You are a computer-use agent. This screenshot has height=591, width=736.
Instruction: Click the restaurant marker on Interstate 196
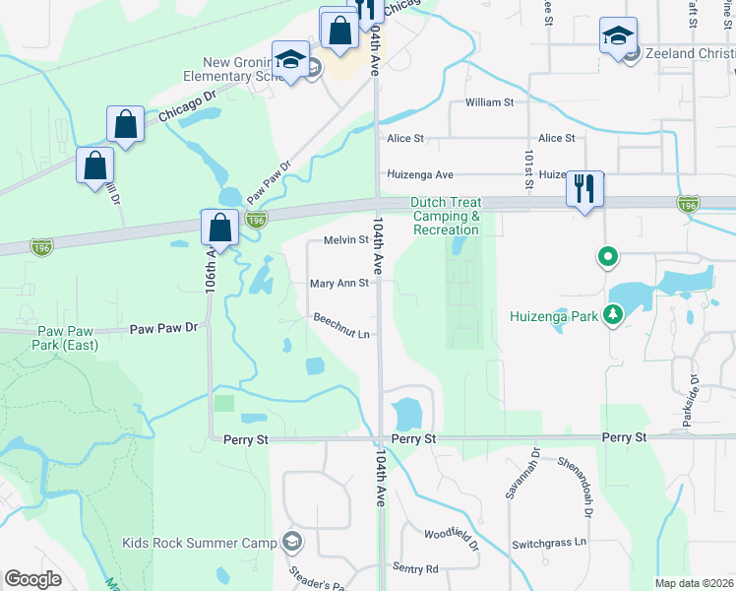(585, 189)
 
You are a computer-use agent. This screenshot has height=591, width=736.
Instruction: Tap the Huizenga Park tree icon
(614, 315)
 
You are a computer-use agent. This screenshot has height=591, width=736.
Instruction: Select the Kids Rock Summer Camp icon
(292, 541)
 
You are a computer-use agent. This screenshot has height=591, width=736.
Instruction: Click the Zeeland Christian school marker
(617, 39)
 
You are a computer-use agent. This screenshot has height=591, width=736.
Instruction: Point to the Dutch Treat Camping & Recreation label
(447, 216)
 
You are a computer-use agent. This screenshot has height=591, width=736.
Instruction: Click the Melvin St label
(345, 239)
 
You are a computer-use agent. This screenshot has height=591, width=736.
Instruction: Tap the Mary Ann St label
(338, 283)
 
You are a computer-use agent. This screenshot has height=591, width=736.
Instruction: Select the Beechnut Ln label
(341, 325)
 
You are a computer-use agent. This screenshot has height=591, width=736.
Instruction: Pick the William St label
(490, 101)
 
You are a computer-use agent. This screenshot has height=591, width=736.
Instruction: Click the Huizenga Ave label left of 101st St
(420, 174)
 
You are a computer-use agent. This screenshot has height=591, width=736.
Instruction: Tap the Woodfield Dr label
(451, 538)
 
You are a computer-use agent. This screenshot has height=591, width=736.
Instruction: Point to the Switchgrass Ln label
(548, 543)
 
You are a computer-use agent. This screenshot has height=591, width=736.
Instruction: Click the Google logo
(33, 578)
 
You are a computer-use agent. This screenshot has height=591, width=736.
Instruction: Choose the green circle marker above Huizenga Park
(608, 258)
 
